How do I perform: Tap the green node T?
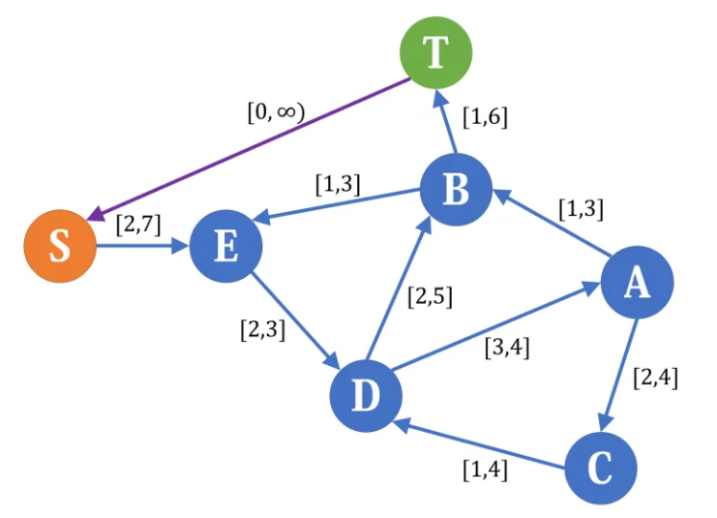(436, 52)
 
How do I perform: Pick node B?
(456, 191)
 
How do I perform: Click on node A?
(637, 283)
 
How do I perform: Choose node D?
(366, 395)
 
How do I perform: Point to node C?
(601, 469)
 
